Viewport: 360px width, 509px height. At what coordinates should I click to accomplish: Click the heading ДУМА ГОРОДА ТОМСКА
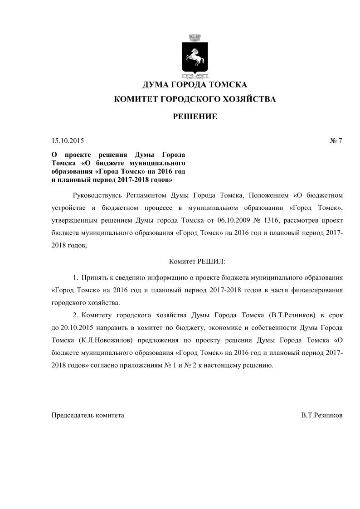[195, 85]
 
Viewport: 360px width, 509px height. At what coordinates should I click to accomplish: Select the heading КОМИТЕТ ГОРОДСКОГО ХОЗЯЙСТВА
[195, 99]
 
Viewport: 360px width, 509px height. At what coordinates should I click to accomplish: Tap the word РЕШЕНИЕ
[195, 117]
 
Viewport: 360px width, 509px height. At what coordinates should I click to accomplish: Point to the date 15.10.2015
[68, 141]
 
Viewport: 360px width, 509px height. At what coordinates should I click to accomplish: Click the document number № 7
[336, 141]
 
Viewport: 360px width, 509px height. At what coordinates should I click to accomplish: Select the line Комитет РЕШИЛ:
[197, 262]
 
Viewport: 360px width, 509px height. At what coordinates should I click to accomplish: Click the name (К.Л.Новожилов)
[107, 340]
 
